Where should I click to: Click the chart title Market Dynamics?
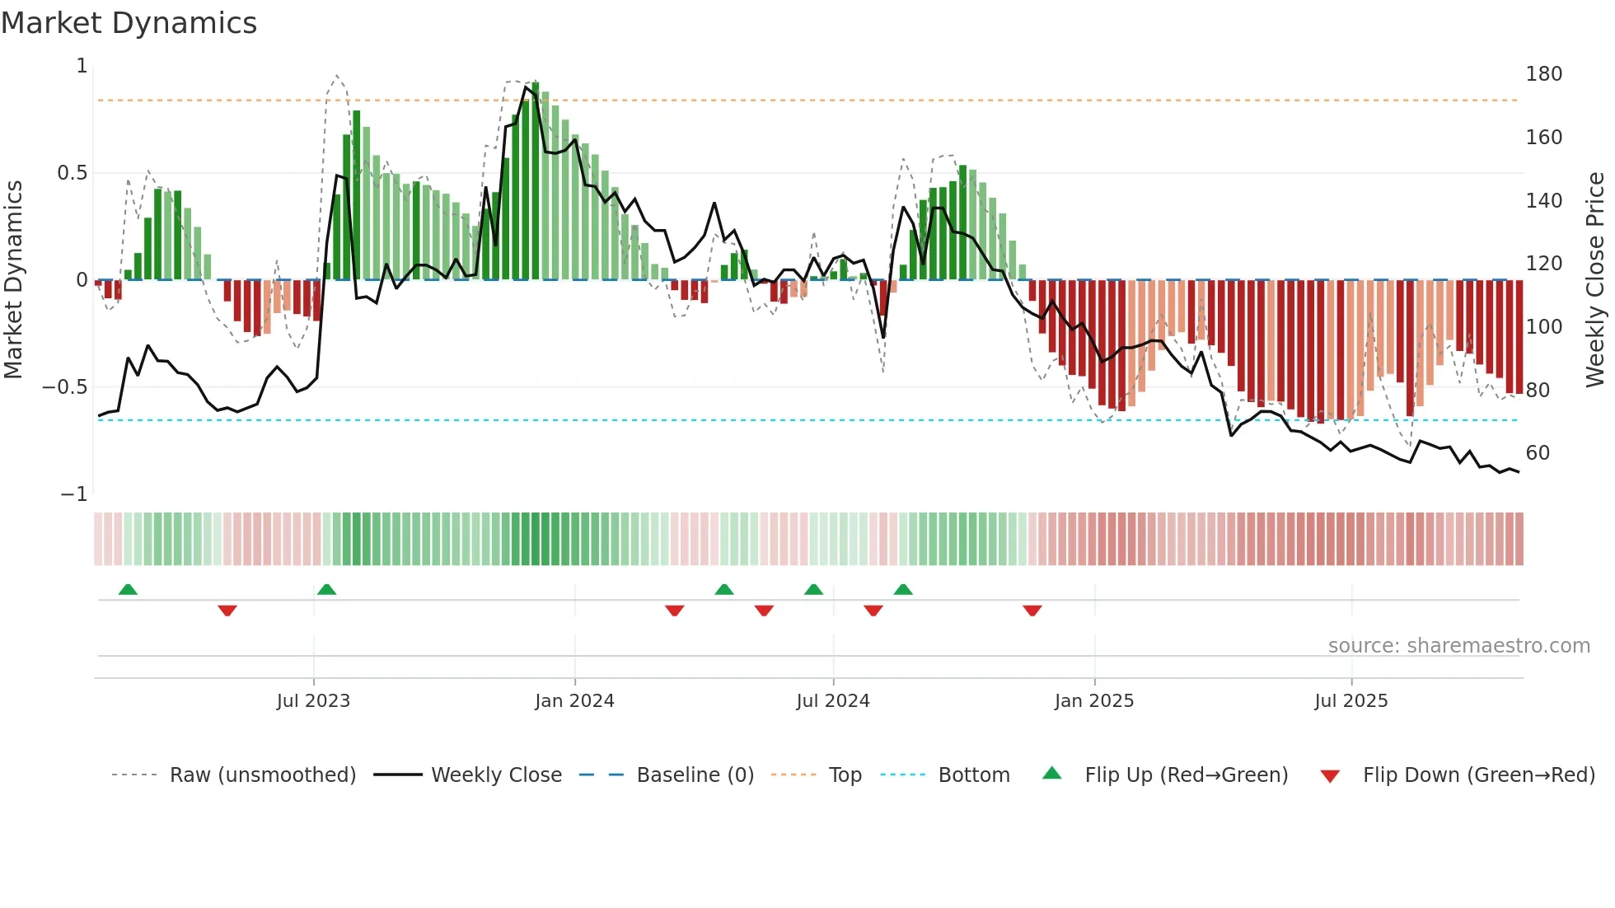coord(129,23)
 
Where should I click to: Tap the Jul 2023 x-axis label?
coord(313,701)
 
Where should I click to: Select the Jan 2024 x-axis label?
coord(574,701)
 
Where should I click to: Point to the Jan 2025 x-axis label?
coord(1093,701)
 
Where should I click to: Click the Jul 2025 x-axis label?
coord(1351,701)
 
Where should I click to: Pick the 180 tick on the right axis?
coord(1543,74)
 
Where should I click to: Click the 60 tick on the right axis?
coord(1538,453)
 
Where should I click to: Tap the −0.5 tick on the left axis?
coord(64,387)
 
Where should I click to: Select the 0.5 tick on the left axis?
coord(72,173)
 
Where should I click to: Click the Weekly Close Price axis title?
coord(1595,280)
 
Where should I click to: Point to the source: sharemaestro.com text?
coord(1458,646)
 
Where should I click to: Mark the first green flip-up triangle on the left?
coord(128,590)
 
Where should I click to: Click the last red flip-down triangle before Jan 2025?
coord(1032,611)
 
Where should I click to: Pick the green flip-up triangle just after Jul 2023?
coord(326,590)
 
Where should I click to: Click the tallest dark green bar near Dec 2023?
coord(536,181)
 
